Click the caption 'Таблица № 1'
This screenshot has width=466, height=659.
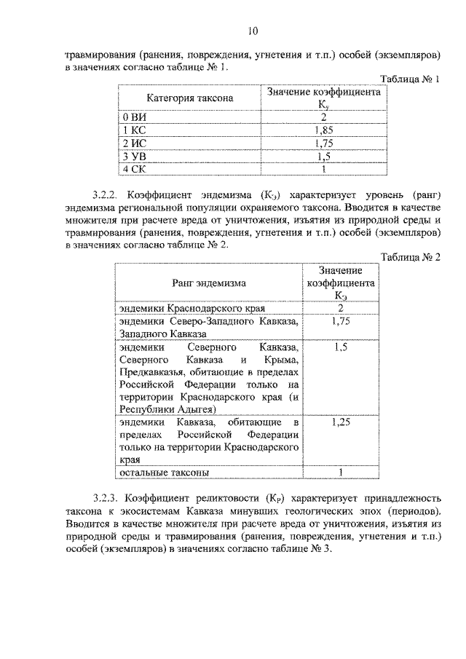(411, 79)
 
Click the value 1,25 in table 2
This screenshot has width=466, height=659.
(340, 421)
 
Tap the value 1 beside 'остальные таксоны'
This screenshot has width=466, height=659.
(340, 473)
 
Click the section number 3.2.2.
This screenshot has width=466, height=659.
(106, 195)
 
